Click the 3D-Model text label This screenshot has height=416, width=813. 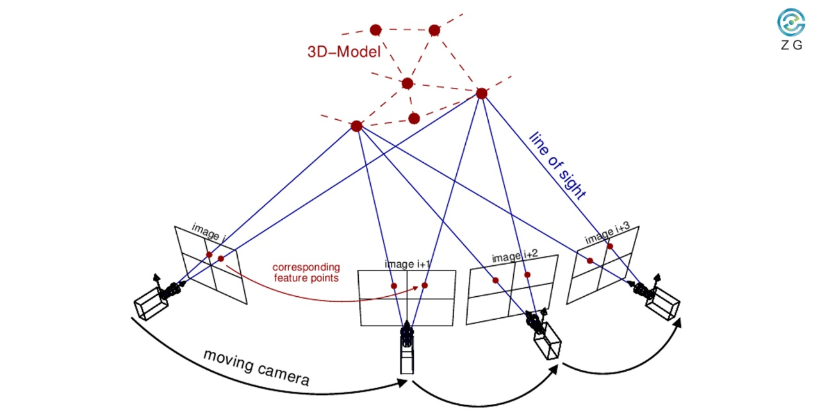[343, 52]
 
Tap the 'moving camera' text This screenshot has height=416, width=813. [256, 367]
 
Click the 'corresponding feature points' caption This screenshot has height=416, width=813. [306, 272]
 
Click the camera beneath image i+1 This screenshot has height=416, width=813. [406, 349]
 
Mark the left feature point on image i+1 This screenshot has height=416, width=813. [394, 286]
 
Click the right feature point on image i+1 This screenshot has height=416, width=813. [424, 285]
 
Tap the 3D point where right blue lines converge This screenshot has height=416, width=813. [482, 94]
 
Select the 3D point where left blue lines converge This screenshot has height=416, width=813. [357, 126]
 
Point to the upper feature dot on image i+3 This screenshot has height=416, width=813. [610, 246]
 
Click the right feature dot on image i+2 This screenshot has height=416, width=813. [527, 275]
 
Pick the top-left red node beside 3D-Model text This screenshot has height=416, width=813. [376, 29]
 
